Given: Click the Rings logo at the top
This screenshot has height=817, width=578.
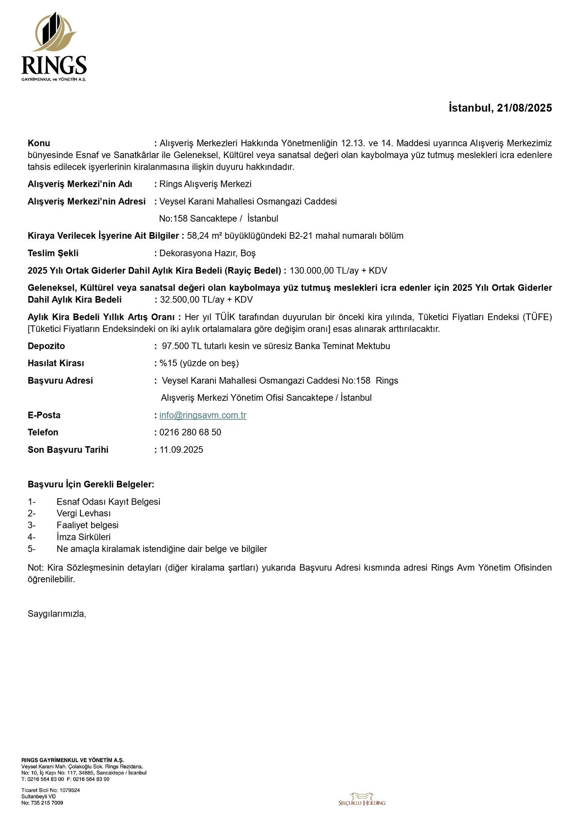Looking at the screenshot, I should pos(54,47).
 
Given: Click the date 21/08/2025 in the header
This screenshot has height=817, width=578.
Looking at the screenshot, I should pos(524,108).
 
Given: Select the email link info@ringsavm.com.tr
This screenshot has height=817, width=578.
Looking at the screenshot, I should pos(203,415).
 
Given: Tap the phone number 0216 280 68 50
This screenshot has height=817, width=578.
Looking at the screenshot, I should pos(190,432).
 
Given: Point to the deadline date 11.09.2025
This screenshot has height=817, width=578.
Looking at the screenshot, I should pos(181,450).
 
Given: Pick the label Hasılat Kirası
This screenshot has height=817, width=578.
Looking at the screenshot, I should pos(56,363).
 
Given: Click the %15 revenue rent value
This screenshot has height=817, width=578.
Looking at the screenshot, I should pos(169,363).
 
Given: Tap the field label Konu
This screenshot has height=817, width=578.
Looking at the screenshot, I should pos(39,144).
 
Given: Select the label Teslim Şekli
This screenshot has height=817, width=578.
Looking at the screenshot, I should pos(53,253).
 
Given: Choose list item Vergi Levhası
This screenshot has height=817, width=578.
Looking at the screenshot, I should pos(84,514).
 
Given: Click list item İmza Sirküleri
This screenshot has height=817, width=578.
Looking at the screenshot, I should pos(84,537).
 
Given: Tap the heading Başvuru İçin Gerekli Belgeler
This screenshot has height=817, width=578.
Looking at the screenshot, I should pos(91,485).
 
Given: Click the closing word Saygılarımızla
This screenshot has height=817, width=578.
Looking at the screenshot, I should pos(57,614).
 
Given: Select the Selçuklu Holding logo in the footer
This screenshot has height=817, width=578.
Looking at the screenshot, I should pos(362,798).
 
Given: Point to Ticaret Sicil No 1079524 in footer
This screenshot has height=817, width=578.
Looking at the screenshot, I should pos(51,790).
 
